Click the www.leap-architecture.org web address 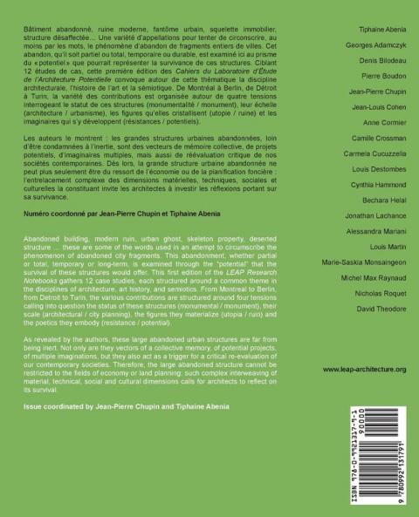pyautogui.click(x=364, y=371)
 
